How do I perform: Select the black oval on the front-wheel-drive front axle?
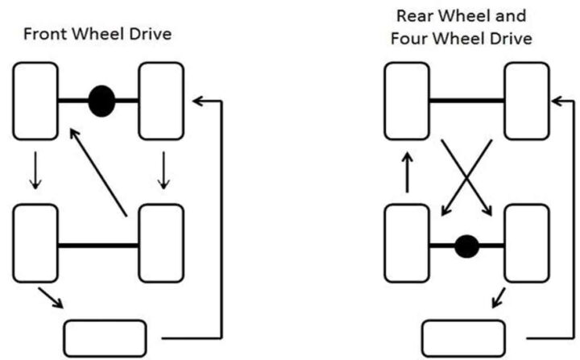coord(101,101)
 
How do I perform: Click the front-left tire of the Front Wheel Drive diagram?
coord(35,101)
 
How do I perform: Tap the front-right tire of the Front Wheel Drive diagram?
coord(161,101)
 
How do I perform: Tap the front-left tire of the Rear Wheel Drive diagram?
coord(406,101)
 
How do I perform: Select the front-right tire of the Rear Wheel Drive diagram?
coord(527,101)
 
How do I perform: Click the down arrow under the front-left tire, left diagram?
coord(35,172)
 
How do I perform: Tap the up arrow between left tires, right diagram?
coord(408,173)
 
